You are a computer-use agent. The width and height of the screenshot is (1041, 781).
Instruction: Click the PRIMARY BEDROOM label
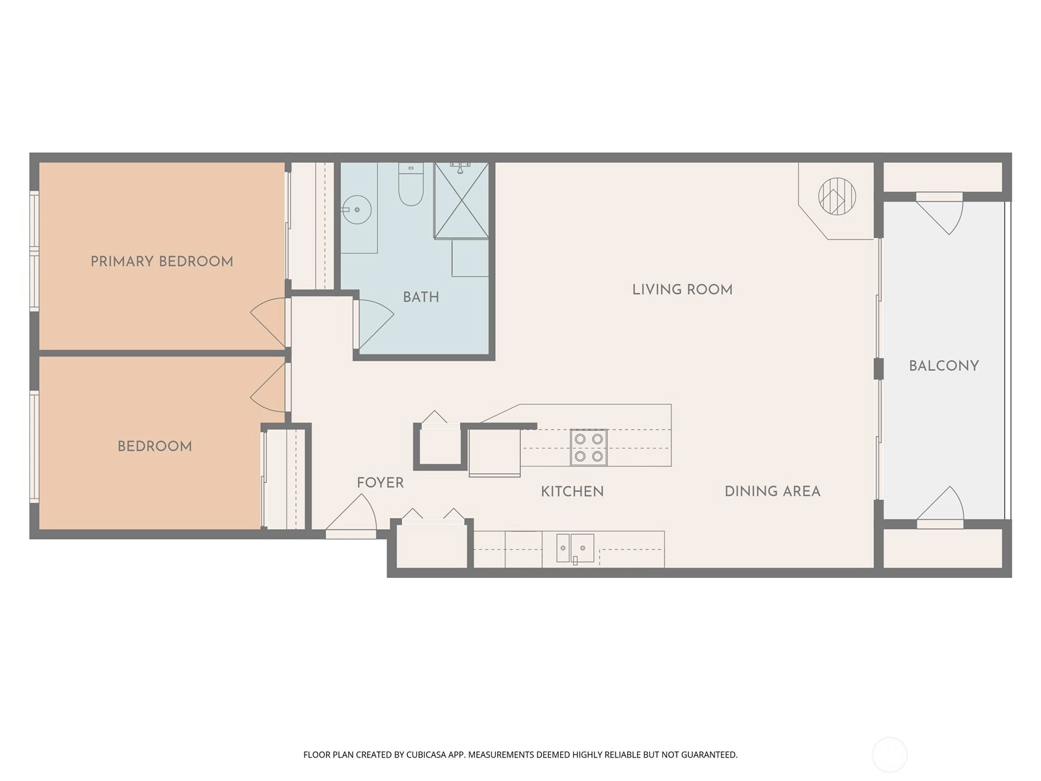coord(162,261)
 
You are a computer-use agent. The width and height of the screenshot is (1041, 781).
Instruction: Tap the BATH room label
coord(421,297)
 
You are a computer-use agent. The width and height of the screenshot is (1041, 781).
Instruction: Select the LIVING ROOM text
coord(683,289)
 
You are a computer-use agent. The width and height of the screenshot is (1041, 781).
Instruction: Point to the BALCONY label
coord(944,366)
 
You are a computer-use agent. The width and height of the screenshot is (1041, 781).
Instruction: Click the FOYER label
coord(381,483)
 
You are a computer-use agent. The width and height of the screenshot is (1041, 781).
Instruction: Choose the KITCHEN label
coord(573,491)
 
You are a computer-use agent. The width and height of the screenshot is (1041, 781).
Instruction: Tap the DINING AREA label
coord(772,491)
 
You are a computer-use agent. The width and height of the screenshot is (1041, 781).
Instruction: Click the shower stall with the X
coord(461,200)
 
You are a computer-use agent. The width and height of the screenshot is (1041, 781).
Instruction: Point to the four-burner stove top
coord(589,447)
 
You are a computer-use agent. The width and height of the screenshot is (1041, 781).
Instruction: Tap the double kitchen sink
coord(575,548)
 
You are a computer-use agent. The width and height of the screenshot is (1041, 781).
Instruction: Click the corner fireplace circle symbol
coord(837,197)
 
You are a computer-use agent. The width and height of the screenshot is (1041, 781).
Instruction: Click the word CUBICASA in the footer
coord(426,754)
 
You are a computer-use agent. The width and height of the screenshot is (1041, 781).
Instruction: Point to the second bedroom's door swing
coord(269,387)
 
